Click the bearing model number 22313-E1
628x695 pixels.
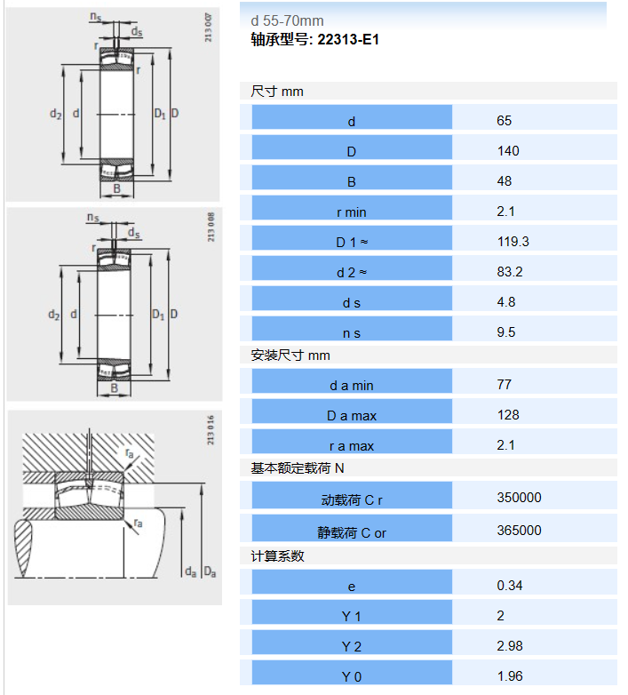tap(348, 39)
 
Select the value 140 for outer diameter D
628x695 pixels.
tap(508, 151)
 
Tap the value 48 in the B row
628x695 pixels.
tap(504, 180)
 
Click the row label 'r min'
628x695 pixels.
tap(352, 212)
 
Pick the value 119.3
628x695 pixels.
tap(513, 242)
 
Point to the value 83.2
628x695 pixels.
tap(510, 272)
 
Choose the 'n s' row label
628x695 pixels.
tap(352, 333)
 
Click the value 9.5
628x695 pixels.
tap(505, 332)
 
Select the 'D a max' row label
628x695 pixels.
tap(352, 416)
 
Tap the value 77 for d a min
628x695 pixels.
tap(504, 384)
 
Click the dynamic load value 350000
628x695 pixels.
tap(519, 498)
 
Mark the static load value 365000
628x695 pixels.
tap(519, 530)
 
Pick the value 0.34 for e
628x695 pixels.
tap(509, 586)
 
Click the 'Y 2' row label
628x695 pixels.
tap(352, 647)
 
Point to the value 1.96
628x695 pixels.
tap(509, 676)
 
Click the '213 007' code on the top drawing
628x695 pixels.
tap(208, 28)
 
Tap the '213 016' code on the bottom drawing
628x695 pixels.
tap(211, 430)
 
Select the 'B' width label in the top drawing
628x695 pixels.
tap(116, 188)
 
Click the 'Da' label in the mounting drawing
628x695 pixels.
tap(210, 572)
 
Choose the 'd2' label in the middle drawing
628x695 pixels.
tap(53, 315)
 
